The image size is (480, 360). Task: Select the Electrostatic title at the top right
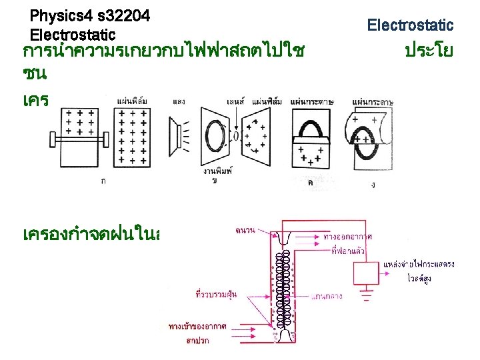pyautogui.click(x=410, y=25)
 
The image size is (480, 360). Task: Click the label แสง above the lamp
pyautogui.click(x=179, y=101)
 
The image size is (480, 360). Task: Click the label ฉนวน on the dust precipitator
pyautogui.click(x=243, y=231)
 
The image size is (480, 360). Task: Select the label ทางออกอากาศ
pyautogui.click(x=347, y=237)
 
